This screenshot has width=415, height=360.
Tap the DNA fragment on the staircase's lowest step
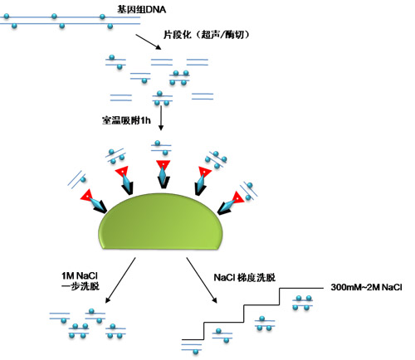(x=220, y=333)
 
